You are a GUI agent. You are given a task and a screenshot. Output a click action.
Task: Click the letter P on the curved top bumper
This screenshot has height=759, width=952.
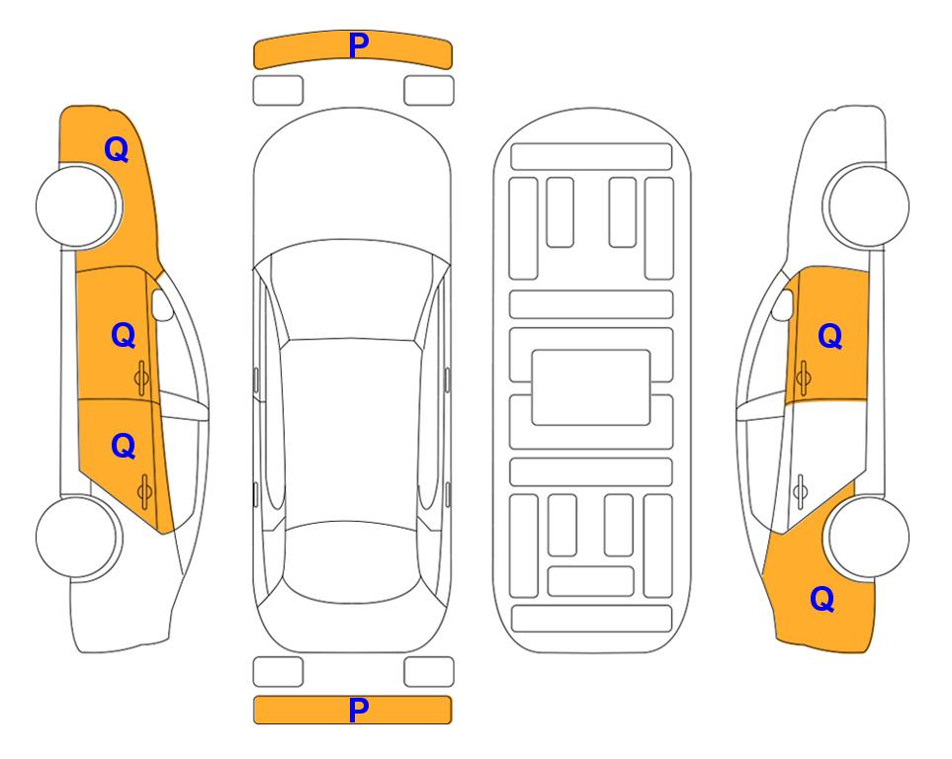click(x=359, y=45)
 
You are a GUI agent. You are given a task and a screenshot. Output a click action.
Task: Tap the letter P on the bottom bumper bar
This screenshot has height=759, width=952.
click(x=359, y=710)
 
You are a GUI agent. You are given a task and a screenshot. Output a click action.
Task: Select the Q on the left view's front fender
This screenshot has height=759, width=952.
click(x=117, y=149)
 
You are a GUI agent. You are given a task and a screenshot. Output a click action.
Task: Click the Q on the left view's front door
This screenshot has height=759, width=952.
click(x=124, y=335)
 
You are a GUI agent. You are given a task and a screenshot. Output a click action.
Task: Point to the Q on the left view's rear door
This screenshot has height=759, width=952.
click(x=124, y=447)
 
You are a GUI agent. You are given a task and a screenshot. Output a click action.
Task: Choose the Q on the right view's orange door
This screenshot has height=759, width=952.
click(x=830, y=336)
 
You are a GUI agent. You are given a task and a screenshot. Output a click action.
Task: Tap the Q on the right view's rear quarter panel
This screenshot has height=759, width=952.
click(x=822, y=599)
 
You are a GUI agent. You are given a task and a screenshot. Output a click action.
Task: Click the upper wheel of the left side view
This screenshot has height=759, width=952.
click(x=78, y=207)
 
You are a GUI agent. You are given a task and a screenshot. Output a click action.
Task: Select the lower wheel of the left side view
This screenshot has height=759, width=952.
click(x=78, y=538)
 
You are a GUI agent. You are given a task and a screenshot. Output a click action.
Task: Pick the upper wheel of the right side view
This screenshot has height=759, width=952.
click(x=866, y=206)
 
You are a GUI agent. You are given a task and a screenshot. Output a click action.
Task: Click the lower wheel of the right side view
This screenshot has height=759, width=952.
click(x=866, y=537)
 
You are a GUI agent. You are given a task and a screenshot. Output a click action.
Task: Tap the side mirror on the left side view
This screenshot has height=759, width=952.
click(x=161, y=304)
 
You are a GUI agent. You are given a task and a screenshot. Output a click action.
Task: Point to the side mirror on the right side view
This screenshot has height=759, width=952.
click(x=783, y=304)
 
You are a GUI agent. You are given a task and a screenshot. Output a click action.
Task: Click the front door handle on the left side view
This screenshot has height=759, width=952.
click(x=141, y=379)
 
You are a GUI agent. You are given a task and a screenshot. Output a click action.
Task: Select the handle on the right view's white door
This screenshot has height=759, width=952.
click(x=801, y=492)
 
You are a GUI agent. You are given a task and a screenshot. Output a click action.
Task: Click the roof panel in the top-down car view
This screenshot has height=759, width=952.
click(x=351, y=431)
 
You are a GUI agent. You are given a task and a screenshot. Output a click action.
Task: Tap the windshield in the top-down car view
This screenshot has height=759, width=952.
click(x=351, y=291)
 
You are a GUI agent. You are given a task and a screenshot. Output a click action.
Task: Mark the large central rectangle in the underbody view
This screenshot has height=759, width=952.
click(x=591, y=387)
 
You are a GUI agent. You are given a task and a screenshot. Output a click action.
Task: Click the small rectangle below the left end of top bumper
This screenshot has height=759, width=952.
click(x=278, y=91)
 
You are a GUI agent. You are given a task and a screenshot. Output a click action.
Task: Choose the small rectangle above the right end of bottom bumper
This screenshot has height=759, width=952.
click(x=429, y=672)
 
